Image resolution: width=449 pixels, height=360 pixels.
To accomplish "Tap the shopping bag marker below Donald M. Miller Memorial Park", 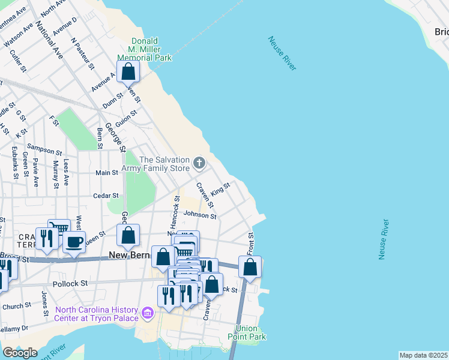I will tap(128, 72).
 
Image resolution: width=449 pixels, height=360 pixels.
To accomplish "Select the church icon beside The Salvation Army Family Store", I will tap(199, 163).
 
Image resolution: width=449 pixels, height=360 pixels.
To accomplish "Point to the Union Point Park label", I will tap(250, 332).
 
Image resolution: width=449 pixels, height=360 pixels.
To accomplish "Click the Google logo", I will tap(20, 353).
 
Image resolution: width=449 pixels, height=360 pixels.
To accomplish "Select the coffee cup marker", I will tap(74, 242).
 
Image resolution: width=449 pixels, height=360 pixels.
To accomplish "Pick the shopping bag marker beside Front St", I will tap(250, 266).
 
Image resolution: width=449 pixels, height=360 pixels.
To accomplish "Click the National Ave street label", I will tap(50, 40).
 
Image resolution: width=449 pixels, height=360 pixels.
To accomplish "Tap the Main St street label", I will tap(107, 173).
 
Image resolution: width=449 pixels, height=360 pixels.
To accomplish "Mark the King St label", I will tap(221, 189).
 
